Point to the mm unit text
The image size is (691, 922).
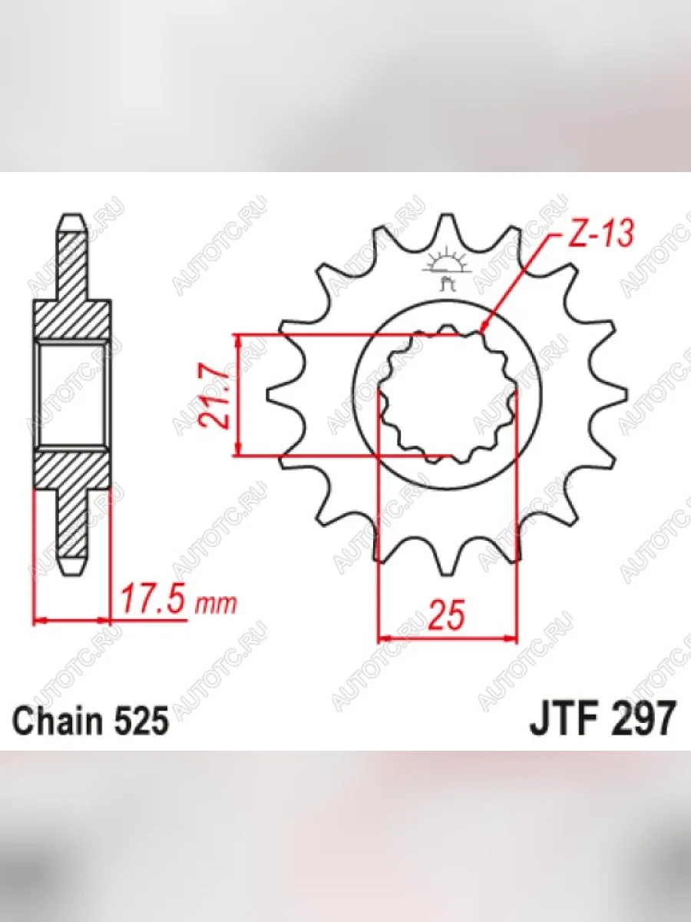coord(217,605)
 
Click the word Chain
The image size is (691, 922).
coord(58,720)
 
